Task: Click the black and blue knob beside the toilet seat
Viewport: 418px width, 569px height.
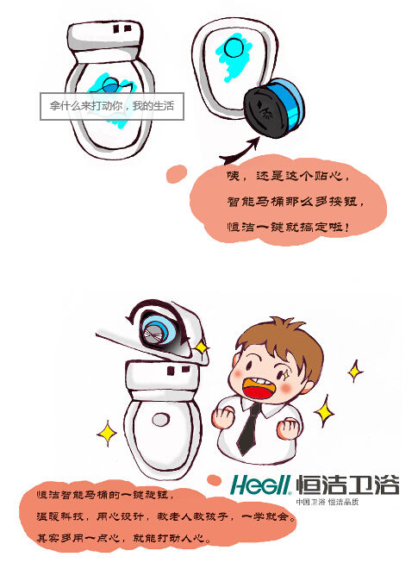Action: coord(273,108)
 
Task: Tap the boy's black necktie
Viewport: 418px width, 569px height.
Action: coord(250,428)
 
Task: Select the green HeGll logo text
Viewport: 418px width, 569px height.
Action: coord(260,485)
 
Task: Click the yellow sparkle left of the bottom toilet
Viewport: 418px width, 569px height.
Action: coord(107,434)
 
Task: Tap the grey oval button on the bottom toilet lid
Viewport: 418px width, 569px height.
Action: coord(160,420)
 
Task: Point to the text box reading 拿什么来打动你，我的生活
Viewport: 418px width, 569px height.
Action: coord(112,106)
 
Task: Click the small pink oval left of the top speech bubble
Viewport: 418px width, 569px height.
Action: coord(177,173)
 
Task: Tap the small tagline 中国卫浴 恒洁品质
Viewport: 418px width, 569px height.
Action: coord(328,502)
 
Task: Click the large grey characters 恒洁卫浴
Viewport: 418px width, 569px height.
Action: coord(347,485)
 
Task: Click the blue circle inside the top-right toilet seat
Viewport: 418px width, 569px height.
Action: coord(234,48)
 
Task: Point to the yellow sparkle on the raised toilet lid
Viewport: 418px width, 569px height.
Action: coord(201,347)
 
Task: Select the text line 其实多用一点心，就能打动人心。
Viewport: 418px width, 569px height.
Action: coord(124,537)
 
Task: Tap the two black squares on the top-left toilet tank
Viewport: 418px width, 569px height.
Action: coord(122,28)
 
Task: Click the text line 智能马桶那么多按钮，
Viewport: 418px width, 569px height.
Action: coord(296,202)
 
